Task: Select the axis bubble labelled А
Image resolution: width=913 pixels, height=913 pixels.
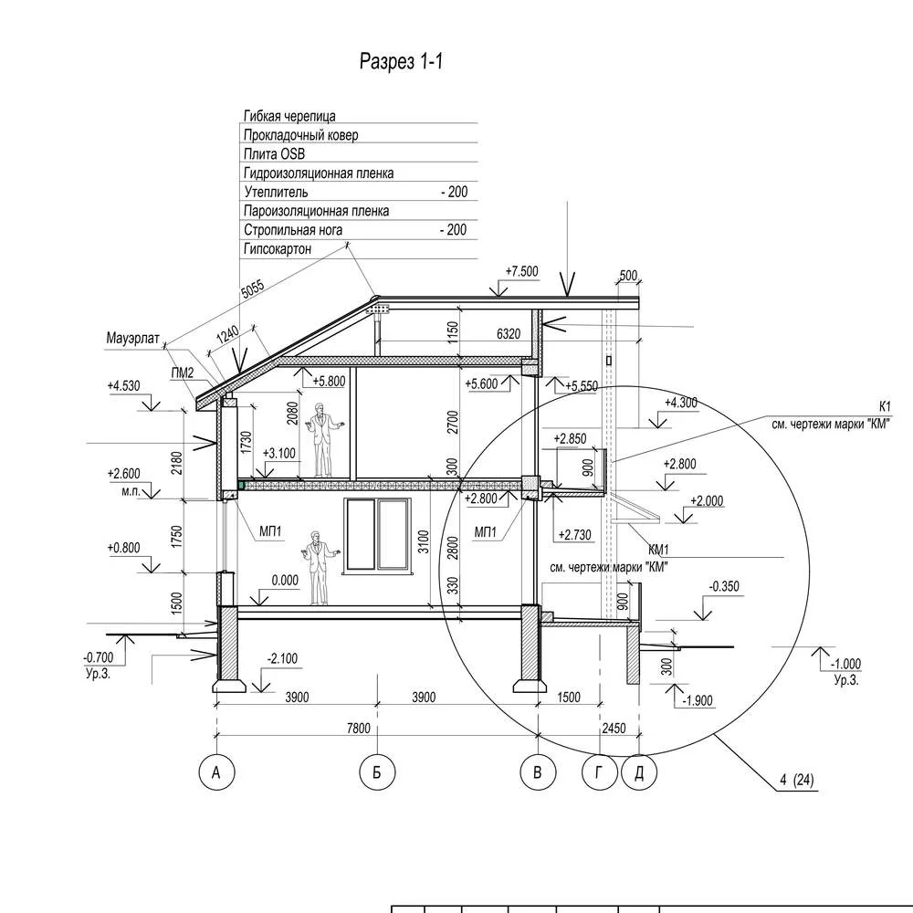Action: [216, 773]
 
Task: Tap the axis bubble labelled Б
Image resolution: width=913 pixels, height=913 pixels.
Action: [376, 773]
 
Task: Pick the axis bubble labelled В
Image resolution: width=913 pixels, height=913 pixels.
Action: [538, 773]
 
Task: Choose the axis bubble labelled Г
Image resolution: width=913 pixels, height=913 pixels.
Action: [600, 773]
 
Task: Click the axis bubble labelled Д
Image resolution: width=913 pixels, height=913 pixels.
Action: [639, 773]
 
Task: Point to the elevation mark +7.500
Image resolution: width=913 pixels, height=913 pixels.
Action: [521, 271]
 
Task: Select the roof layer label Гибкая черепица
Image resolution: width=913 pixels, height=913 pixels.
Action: [289, 116]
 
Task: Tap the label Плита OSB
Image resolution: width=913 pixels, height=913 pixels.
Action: [274, 154]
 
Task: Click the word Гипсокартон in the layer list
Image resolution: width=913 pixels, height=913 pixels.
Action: [278, 249]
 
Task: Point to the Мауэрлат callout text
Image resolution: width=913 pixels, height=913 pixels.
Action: [133, 339]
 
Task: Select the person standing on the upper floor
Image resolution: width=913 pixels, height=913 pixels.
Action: [321, 439]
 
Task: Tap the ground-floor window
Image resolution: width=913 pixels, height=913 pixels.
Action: [374, 536]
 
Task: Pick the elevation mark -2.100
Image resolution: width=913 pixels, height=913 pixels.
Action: [283, 658]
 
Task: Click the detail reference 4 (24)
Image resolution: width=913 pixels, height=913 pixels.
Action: [797, 780]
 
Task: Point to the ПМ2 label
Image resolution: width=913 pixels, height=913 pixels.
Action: [183, 373]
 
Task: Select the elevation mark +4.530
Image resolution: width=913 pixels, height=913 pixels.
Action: [123, 386]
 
